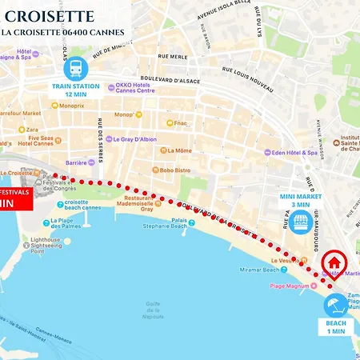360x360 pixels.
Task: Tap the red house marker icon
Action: coord(334,264)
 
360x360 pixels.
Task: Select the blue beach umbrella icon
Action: coord(336,304)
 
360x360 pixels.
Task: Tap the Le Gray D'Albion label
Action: coord(134,138)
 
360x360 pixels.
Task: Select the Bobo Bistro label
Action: coord(174,170)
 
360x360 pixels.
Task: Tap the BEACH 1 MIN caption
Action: coord(336,327)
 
